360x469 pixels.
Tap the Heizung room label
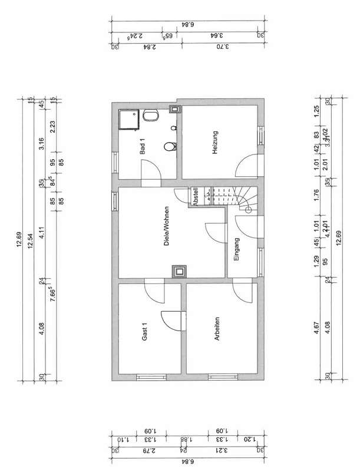215,143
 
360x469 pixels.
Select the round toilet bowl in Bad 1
170,147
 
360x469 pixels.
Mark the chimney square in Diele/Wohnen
177,271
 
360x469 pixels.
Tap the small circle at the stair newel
248,209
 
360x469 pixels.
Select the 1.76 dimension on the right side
316,194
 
